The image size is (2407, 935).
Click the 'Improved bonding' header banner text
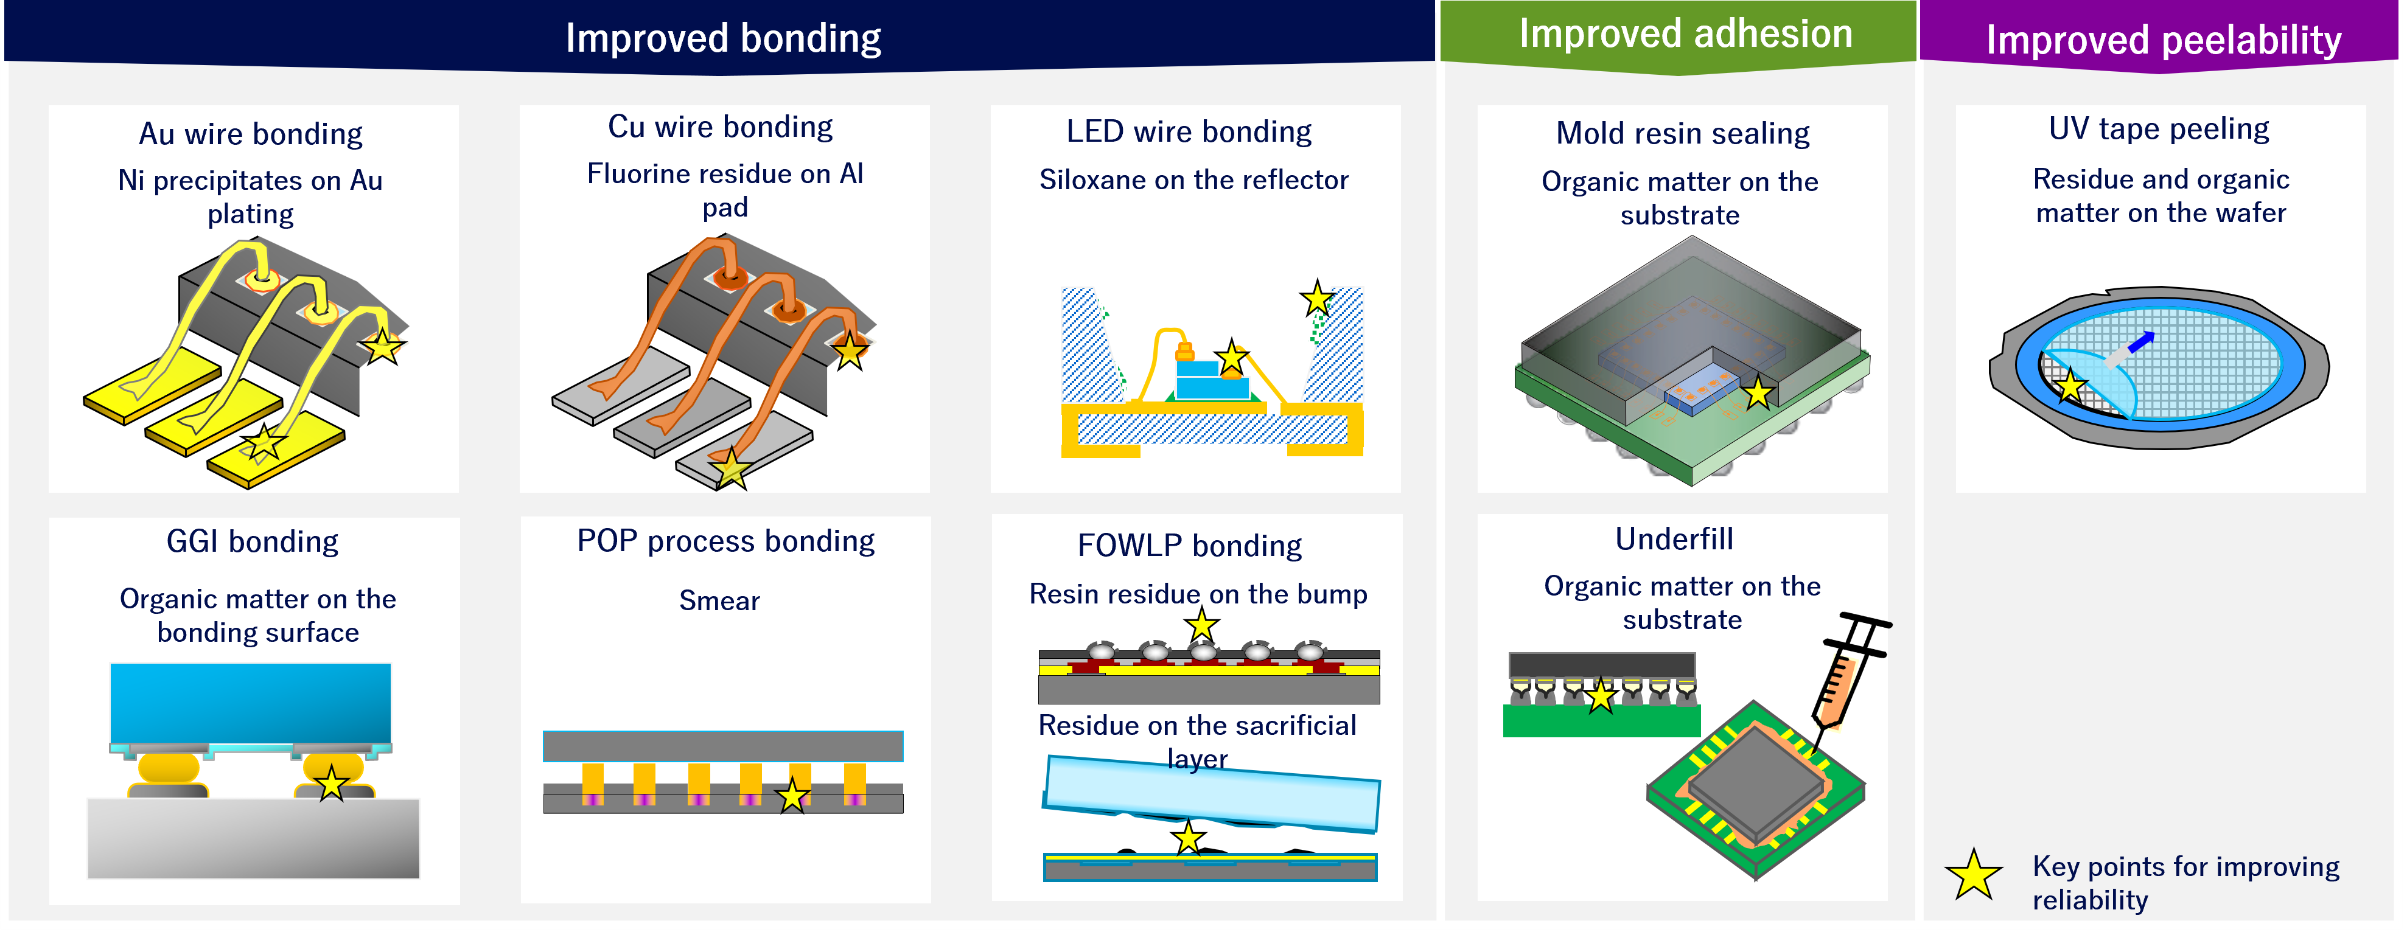pyautogui.click(x=722, y=38)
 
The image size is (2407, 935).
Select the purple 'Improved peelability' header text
pyautogui.click(x=2163, y=40)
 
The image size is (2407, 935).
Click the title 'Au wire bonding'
pyautogui.click(x=250, y=134)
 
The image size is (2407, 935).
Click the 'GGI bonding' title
pyautogui.click(x=253, y=542)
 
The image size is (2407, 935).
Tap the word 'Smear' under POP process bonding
pyautogui.click(x=719, y=600)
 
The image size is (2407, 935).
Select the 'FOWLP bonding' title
pyautogui.click(x=1189, y=546)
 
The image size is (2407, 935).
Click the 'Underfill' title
pyautogui.click(x=1674, y=539)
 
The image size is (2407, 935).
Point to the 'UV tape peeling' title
pyautogui.click(x=2159, y=128)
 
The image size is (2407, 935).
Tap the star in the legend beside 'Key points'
pyautogui.click(x=1974, y=875)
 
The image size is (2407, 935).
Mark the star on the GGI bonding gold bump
pyautogui.click(x=332, y=783)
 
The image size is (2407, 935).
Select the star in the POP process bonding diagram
pyautogui.click(x=792, y=796)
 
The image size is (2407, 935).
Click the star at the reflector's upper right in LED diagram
pyautogui.click(x=1316, y=299)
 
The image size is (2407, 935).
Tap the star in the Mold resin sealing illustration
pyautogui.click(x=1758, y=392)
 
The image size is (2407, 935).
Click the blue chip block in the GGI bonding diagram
pyautogui.click(x=250, y=703)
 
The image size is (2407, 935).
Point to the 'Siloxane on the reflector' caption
pyautogui.click(x=1193, y=179)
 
